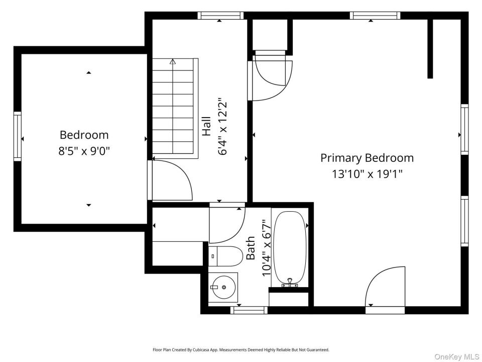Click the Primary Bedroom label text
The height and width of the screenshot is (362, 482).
point(367,158)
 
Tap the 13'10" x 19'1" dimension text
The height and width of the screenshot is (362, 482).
point(367,174)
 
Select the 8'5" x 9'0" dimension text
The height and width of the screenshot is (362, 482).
point(84,151)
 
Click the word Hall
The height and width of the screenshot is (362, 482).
point(206,126)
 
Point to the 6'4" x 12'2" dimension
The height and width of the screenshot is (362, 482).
point(222,126)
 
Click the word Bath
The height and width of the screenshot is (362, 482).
point(251,248)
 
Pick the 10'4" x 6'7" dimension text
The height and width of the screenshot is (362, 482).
point(266,248)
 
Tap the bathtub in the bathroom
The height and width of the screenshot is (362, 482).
point(290,247)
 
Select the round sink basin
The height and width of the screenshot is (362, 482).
point(224,287)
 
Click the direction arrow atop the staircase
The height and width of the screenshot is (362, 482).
point(173,62)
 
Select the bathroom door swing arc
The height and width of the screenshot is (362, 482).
point(227,225)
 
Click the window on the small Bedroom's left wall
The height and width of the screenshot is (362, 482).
point(18,136)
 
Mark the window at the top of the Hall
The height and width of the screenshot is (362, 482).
point(220,16)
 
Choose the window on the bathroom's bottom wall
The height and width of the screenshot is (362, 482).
point(249,310)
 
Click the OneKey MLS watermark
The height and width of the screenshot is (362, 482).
point(457,356)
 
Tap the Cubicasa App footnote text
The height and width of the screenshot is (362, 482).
point(241,350)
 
